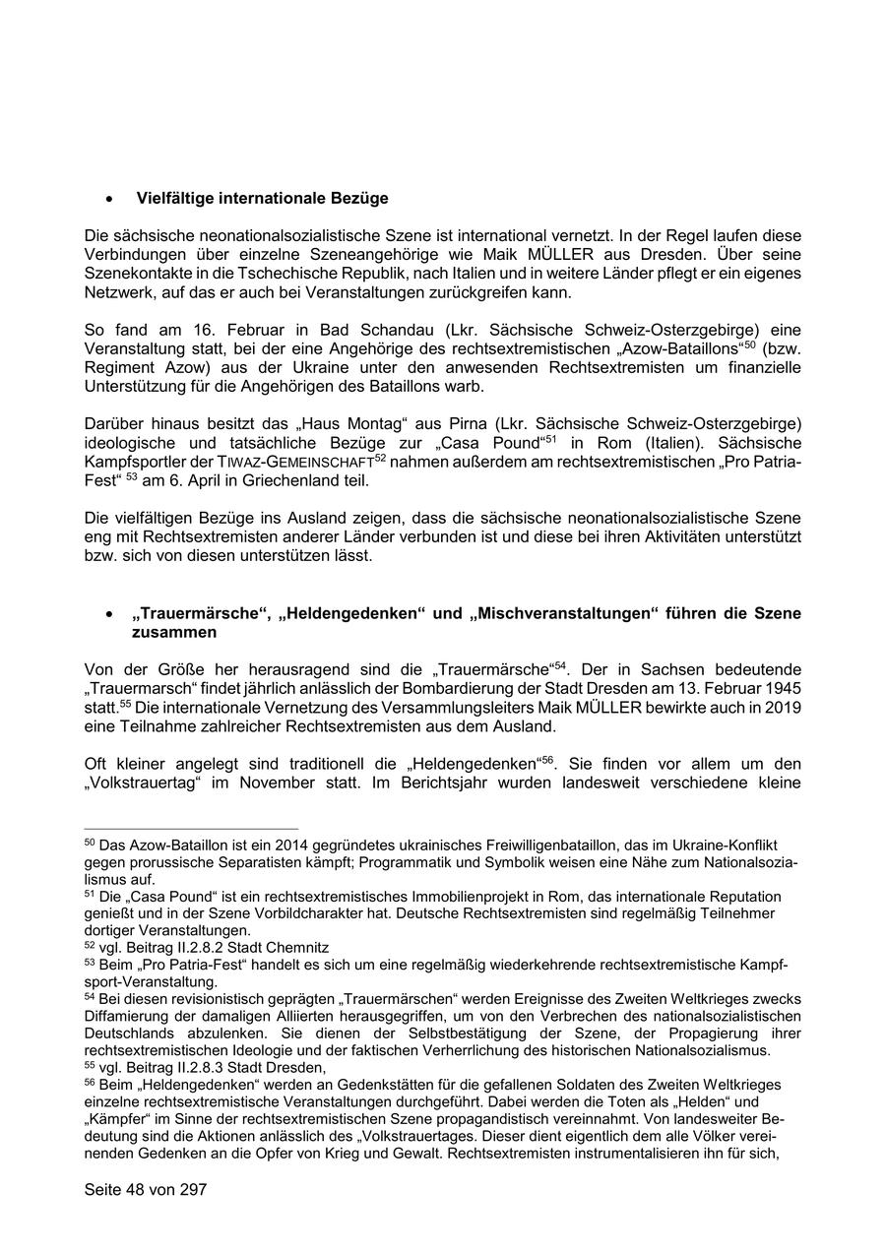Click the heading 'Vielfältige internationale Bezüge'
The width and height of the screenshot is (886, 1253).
click(262, 199)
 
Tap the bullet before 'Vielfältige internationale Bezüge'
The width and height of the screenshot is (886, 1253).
click(109, 200)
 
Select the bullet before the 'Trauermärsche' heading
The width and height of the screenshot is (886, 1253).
click(109, 614)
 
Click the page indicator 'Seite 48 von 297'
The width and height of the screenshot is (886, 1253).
click(146, 1190)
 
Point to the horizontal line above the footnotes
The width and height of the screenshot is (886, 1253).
click(191, 829)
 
